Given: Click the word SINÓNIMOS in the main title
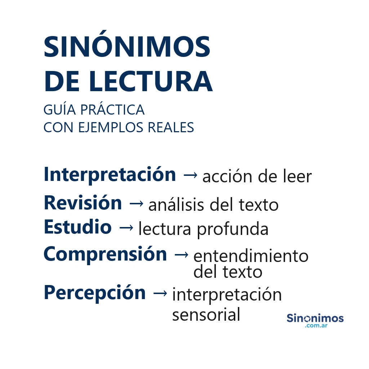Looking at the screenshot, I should pos(127,48).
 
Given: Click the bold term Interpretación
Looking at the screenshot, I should pos(110,175).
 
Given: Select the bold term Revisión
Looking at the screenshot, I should pos(83,203).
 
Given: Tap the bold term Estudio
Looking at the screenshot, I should pos(77,227).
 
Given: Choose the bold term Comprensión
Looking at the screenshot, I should pos(105,254).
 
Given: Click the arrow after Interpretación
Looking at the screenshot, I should pos(190,175).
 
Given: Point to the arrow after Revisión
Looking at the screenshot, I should pos(136,204).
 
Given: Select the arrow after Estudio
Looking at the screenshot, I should pos(126,228).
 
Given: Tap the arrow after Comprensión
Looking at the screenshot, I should pos(181,255).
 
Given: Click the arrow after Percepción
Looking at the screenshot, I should pos(160,293).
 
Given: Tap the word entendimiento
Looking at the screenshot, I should pos(251,256).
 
